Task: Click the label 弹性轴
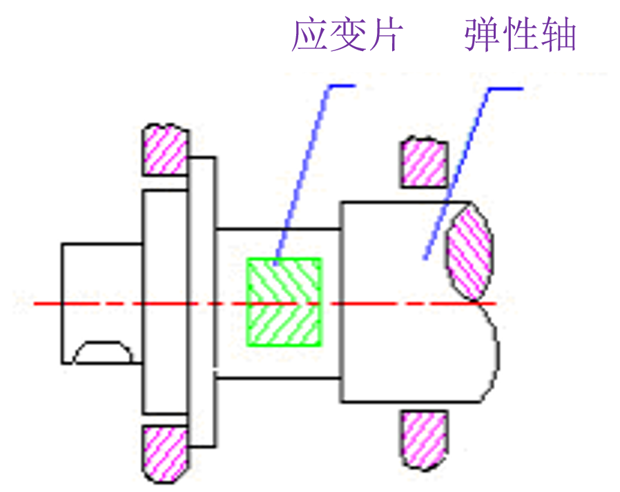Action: [x=520, y=35]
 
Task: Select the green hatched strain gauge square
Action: [x=284, y=302]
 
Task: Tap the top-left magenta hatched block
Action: [x=166, y=150]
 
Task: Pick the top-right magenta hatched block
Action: [x=423, y=163]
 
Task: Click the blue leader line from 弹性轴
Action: [x=459, y=173]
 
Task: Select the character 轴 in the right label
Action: [x=558, y=35]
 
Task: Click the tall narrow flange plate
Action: [x=202, y=302]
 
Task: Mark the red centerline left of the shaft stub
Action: [x=38, y=303]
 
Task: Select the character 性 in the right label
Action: [x=520, y=35]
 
